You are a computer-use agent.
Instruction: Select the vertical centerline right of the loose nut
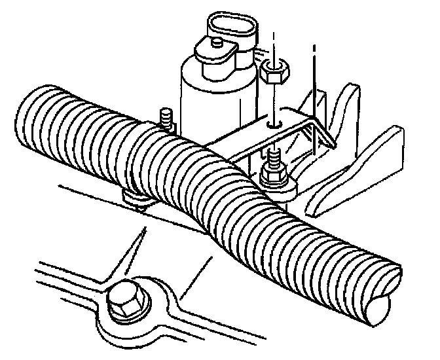click(x=316, y=72)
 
